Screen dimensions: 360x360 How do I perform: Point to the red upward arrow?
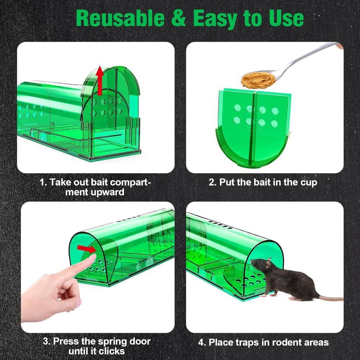click(x=100, y=81)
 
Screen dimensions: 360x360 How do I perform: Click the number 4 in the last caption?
click(x=201, y=342)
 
